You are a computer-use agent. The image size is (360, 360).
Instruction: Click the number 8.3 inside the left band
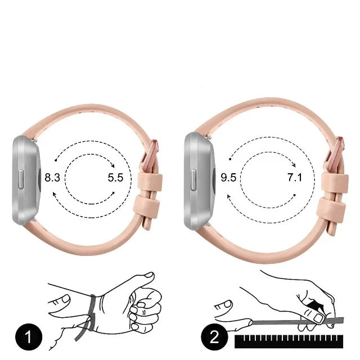[52, 178]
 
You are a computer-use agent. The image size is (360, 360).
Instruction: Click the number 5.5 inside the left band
[115, 178]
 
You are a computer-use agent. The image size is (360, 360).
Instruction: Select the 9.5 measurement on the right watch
[228, 178]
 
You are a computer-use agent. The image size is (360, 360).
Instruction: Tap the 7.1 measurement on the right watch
[295, 178]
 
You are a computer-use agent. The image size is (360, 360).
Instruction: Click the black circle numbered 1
[29, 337]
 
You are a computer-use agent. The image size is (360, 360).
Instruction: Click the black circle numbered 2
[214, 337]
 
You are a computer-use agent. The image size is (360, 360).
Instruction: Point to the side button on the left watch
[21, 179]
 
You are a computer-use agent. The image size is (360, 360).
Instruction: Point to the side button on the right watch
[193, 180]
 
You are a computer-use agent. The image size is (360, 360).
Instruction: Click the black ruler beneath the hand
[289, 341]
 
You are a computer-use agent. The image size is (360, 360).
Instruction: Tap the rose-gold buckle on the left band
[150, 156]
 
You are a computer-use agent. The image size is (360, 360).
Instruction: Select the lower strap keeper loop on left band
[147, 205]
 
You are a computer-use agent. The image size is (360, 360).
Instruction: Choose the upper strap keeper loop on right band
[335, 183]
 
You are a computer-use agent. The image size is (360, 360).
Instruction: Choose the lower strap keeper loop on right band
[331, 208]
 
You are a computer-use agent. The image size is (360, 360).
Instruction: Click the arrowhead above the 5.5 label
[112, 166]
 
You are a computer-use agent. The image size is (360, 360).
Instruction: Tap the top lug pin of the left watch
[35, 140]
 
